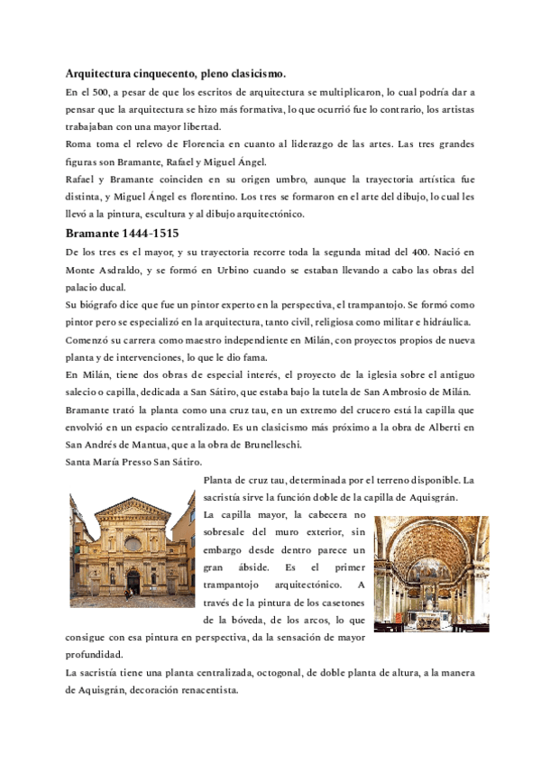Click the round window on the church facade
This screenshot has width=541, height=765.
click(132, 544)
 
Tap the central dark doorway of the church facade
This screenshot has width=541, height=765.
click(132, 582)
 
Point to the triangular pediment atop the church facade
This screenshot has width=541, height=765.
click(132, 506)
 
